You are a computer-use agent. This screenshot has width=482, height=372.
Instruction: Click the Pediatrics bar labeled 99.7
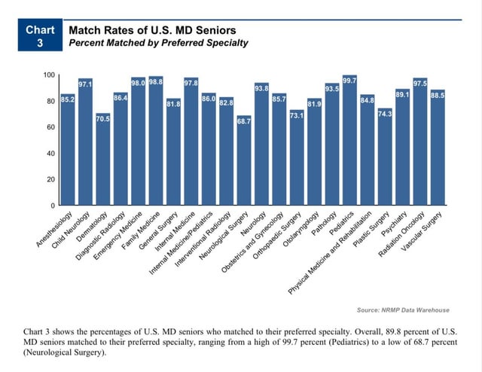point(349,143)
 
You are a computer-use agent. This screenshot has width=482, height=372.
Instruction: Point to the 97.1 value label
point(85,84)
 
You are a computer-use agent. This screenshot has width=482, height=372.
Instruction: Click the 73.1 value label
point(296,115)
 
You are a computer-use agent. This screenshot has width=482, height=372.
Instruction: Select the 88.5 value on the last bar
point(437,96)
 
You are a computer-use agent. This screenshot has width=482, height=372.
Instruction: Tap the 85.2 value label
point(67,99)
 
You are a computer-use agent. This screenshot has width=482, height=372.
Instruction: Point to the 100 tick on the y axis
point(48,75)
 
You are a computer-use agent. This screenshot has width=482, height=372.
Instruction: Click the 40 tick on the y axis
point(50,154)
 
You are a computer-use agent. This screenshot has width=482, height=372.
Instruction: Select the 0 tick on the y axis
point(52,206)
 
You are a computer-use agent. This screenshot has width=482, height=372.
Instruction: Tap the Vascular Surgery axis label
point(424,228)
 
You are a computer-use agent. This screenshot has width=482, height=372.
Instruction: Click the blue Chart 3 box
point(40,36)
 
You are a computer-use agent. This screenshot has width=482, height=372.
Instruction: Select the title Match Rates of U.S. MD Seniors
point(152,30)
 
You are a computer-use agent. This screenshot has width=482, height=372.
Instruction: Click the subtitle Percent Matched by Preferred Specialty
point(158,43)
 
